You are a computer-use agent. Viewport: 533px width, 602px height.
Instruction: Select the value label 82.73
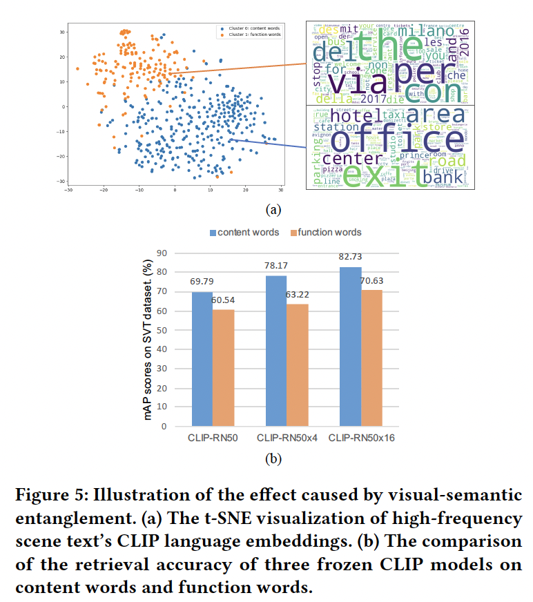point(351,257)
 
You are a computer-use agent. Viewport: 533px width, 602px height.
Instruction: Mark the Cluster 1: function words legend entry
point(249,35)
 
